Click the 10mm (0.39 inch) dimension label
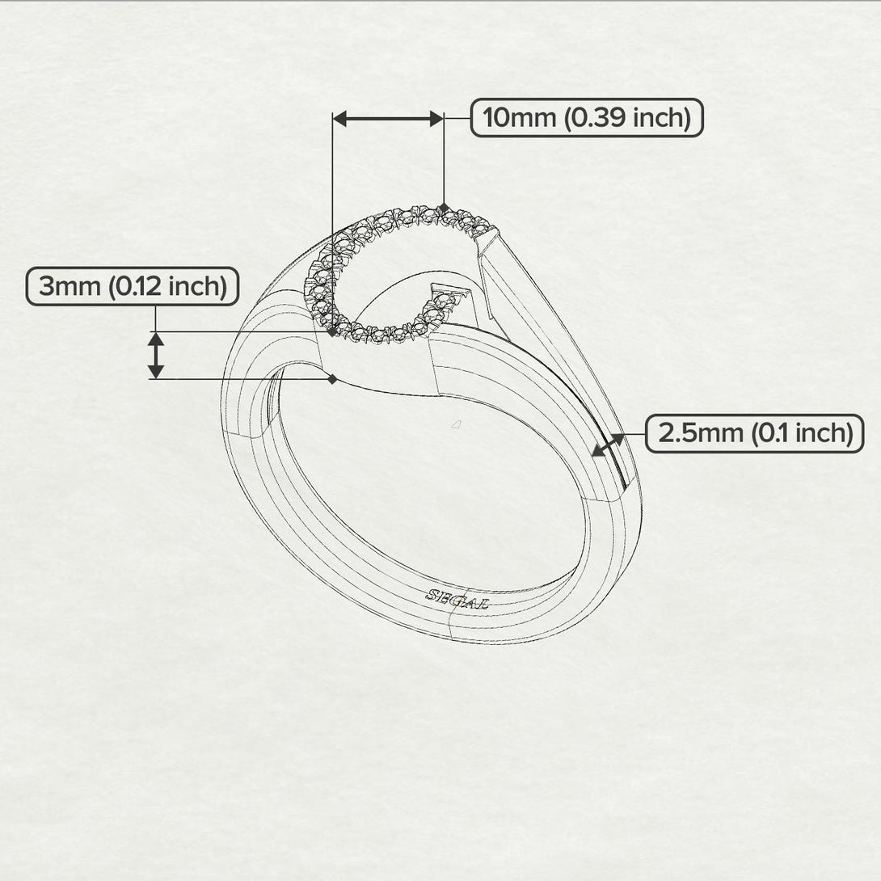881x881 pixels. click(x=587, y=118)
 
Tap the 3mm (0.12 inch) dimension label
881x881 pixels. click(x=133, y=287)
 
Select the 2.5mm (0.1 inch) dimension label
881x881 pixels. click(x=755, y=433)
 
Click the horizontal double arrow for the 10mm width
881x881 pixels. click(x=388, y=119)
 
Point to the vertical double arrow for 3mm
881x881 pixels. click(x=156, y=355)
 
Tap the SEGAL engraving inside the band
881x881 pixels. click(x=457, y=599)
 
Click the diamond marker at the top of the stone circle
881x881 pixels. click(x=445, y=209)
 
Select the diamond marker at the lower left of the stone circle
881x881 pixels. click(x=332, y=332)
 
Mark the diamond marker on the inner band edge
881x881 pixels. click(x=333, y=379)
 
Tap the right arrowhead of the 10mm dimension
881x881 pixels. click(x=436, y=119)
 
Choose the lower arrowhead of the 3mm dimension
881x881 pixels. click(x=156, y=370)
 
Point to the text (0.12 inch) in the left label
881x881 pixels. click(x=167, y=287)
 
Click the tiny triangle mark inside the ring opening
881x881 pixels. click(x=456, y=424)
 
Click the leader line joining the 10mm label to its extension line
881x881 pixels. click(x=457, y=119)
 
